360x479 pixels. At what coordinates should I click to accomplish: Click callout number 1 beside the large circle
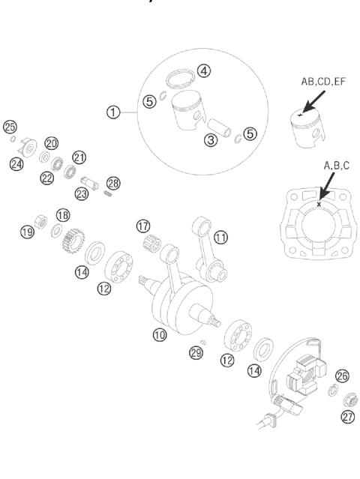coord(113,112)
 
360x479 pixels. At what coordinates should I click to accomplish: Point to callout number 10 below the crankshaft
coord(159,336)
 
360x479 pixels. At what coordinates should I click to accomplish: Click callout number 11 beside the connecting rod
coord(220,237)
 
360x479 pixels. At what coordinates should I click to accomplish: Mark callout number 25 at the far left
coord(10,126)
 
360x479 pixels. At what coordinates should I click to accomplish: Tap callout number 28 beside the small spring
coord(113,183)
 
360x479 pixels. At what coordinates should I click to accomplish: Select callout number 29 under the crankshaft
coord(196,352)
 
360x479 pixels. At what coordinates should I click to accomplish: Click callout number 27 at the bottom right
coord(347,418)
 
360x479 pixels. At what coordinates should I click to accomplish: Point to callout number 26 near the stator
coord(343,376)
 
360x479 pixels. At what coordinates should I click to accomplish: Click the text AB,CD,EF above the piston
coord(308,83)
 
